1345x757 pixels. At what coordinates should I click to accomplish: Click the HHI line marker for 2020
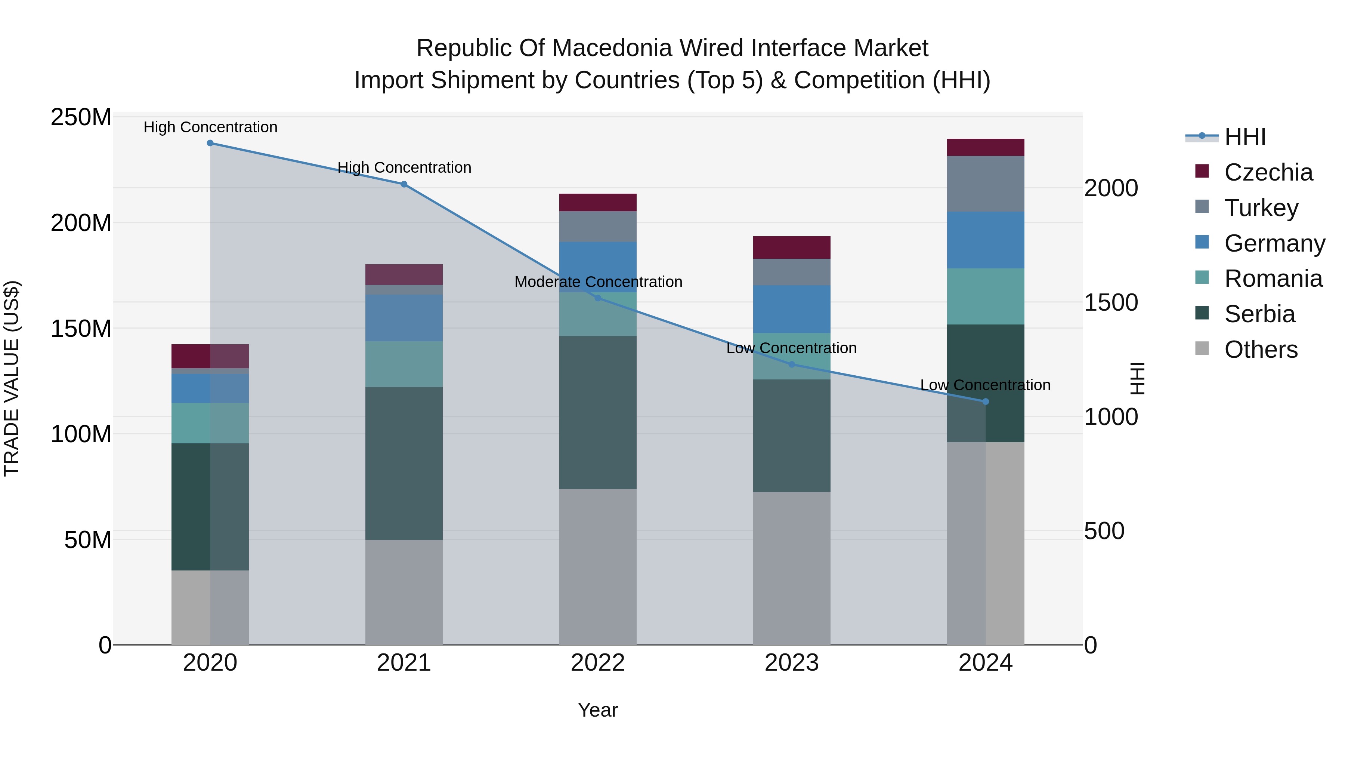[x=210, y=143]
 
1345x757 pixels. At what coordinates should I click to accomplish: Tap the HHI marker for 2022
[x=598, y=298]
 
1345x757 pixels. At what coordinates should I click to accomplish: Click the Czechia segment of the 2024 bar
[x=985, y=147]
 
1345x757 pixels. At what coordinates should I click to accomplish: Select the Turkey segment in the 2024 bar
[x=985, y=184]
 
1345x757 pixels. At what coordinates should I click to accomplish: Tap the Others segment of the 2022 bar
[x=598, y=566]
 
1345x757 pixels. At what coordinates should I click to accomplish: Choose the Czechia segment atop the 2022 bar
[x=598, y=203]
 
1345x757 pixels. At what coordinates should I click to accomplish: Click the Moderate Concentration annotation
[x=598, y=282]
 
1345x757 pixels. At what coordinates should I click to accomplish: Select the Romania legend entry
[x=1273, y=279]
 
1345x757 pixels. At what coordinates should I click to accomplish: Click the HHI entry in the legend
[x=1245, y=137]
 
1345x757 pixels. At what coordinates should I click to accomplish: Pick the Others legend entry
[x=1261, y=350]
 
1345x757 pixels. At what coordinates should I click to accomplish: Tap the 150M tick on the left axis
[x=81, y=329]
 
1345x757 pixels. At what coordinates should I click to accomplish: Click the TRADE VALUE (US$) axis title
[x=12, y=378]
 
